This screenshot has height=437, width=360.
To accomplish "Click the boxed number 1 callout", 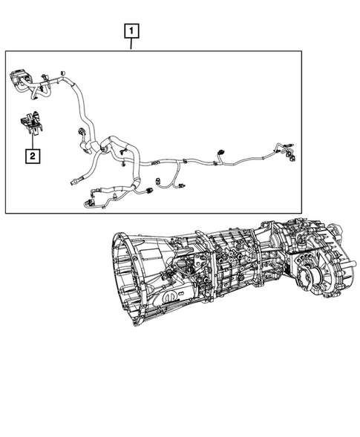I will tap(131, 31).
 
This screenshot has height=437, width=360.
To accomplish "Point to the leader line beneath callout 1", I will tap(131, 45).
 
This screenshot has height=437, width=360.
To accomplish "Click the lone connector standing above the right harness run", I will tap(220, 154).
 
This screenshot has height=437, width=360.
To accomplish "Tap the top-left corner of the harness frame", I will tap(6, 50).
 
